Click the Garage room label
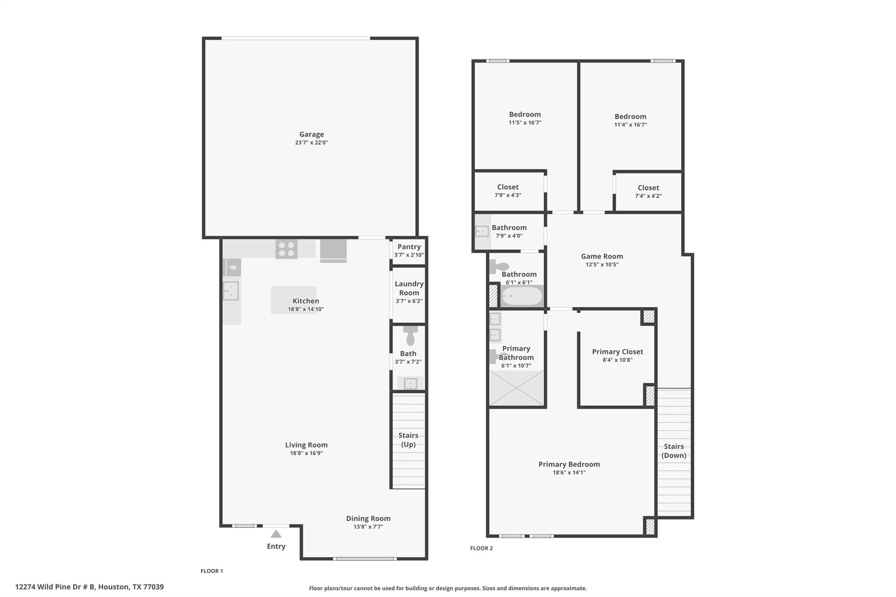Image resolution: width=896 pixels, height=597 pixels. (x=311, y=135)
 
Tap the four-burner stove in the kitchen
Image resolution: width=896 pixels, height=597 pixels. (x=286, y=249)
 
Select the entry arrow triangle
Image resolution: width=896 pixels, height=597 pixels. (x=276, y=534)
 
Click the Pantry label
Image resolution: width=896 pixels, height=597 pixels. (x=409, y=247)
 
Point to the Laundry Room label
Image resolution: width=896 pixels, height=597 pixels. (x=409, y=288)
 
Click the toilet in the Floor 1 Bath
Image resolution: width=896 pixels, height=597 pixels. (x=410, y=336)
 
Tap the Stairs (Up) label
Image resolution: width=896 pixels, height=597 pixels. (x=408, y=440)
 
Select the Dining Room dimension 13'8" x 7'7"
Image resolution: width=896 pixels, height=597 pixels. (x=368, y=527)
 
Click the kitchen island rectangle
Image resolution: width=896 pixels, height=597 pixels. (x=293, y=300)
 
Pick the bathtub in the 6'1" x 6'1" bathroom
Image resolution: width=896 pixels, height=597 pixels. (x=521, y=296)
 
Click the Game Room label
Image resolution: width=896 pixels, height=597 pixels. (x=602, y=256)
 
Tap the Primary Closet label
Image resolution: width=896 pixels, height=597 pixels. (x=617, y=352)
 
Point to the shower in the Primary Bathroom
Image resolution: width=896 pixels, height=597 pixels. (x=516, y=388)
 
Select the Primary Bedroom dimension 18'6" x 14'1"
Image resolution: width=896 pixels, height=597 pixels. (x=569, y=472)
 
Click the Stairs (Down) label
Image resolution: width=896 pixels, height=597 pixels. (x=673, y=450)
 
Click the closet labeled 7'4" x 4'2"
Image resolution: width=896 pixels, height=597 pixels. (x=648, y=192)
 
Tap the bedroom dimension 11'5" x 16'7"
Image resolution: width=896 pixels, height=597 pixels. (x=525, y=123)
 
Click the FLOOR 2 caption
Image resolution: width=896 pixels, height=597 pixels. (x=481, y=548)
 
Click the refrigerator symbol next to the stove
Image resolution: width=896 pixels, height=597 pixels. (x=333, y=250)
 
